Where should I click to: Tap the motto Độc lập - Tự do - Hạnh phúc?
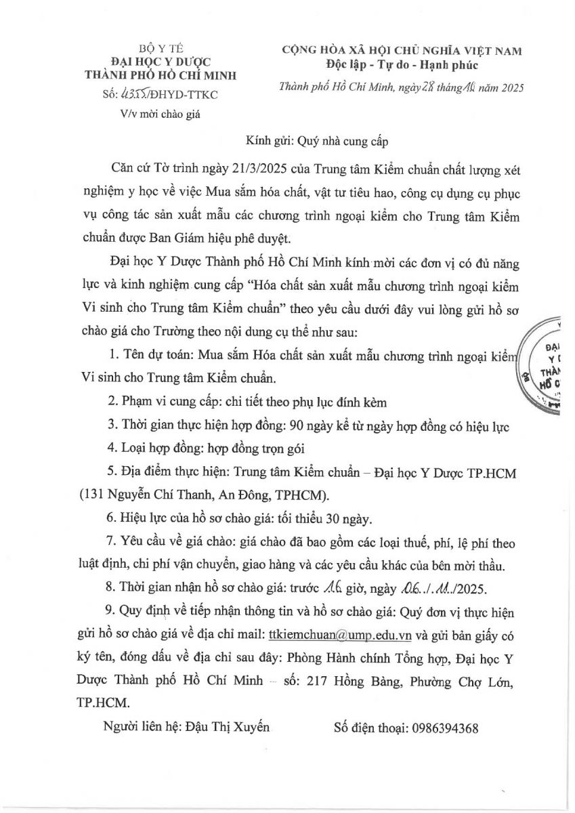[x=401, y=66]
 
